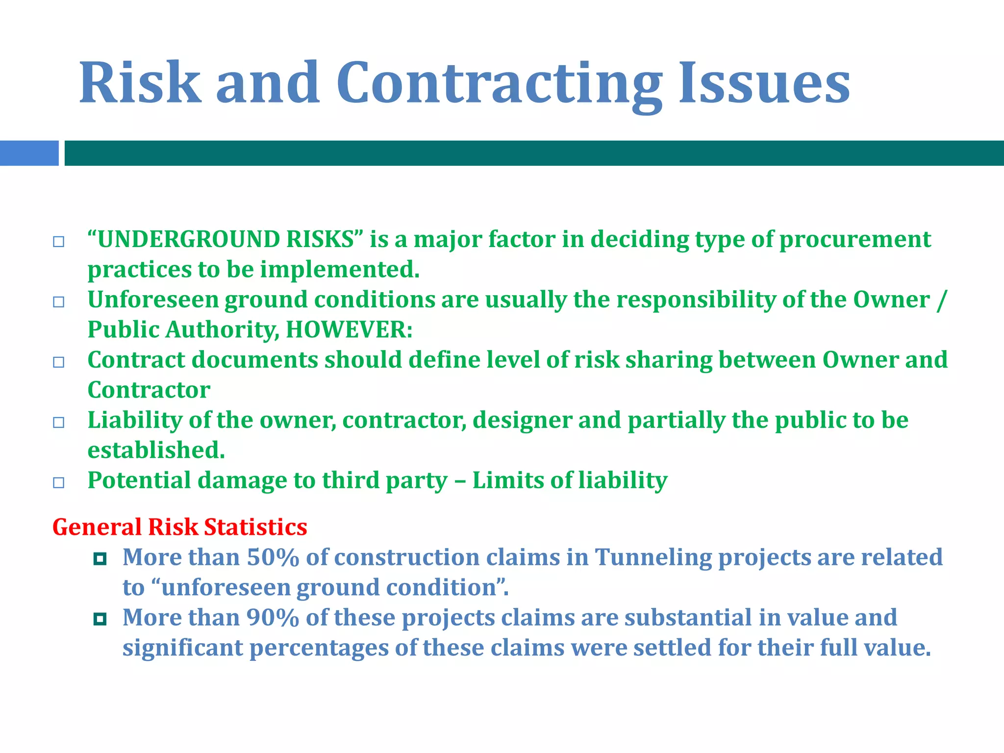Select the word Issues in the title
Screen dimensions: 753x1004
pyautogui.click(x=764, y=83)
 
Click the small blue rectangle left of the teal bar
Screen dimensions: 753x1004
pyautogui.click(x=29, y=153)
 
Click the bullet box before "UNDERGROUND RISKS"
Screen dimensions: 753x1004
pyautogui.click(x=59, y=242)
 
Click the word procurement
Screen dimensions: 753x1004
pyautogui.click(x=855, y=240)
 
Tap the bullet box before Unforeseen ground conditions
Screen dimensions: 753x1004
pyautogui.click(x=59, y=302)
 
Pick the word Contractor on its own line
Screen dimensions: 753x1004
pyautogui.click(x=149, y=390)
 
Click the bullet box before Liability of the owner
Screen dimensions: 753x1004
pyautogui.click(x=59, y=423)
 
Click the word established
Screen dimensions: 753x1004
pyautogui.click(x=156, y=450)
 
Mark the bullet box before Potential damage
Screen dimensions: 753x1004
pyautogui.click(x=59, y=483)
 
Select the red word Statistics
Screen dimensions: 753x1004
pyautogui.click(x=255, y=527)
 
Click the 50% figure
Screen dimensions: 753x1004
pyautogui.click(x=273, y=557)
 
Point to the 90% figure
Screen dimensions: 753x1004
pyautogui.click(x=273, y=618)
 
